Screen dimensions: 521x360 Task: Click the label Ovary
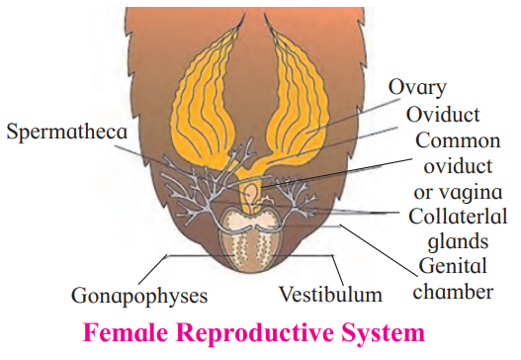417,88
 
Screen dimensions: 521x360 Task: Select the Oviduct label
443,115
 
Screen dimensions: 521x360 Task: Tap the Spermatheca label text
67,133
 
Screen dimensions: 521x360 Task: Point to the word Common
458,140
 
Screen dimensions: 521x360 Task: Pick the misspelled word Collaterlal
458,217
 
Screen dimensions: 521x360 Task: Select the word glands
458,241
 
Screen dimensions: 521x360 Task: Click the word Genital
453,266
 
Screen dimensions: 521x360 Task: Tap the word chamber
453,292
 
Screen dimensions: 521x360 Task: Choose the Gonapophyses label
139,296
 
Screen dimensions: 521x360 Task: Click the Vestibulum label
330,295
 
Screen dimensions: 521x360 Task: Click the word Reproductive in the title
255,333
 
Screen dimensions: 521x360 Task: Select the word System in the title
384,333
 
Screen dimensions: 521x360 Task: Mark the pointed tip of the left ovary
244,15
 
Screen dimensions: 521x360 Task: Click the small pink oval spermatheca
250,192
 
